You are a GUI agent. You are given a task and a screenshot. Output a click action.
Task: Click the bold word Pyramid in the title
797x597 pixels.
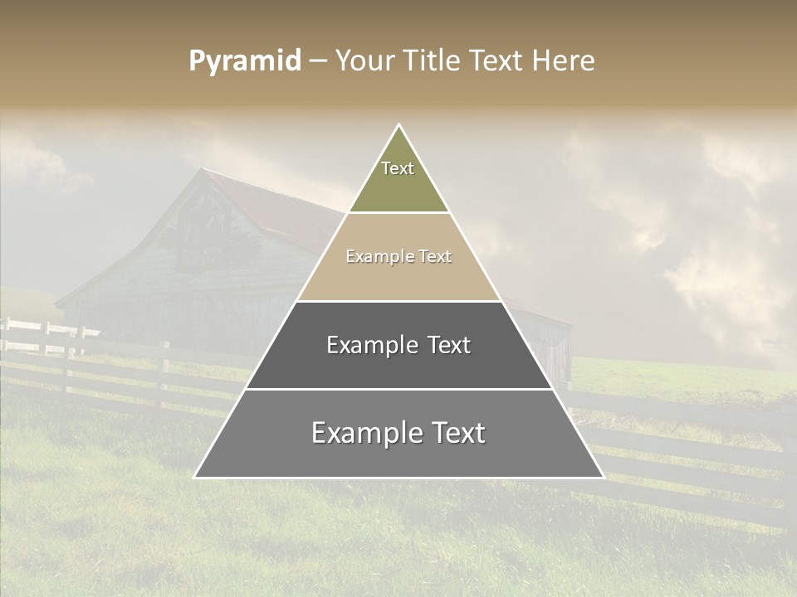pyautogui.click(x=245, y=61)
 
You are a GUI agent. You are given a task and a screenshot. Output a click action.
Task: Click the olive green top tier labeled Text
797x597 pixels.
pyautogui.click(x=398, y=178)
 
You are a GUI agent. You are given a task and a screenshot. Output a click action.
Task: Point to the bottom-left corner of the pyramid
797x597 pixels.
pyautogui.click(x=195, y=477)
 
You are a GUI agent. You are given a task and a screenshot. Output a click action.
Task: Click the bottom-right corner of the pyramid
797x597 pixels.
pyautogui.click(x=603, y=477)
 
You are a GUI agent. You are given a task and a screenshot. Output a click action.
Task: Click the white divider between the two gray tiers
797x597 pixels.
pyautogui.click(x=398, y=389)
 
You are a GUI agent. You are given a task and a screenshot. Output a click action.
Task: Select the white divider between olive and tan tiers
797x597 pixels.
pyautogui.click(x=398, y=213)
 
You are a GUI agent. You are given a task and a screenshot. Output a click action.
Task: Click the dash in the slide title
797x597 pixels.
pyautogui.click(x=318, y=61)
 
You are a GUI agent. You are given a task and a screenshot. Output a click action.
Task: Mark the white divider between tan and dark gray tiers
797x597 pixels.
pyautogui.click(x=398, y=301)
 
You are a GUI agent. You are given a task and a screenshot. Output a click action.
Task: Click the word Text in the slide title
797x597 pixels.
pyautogui.click(x=496, y=61)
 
